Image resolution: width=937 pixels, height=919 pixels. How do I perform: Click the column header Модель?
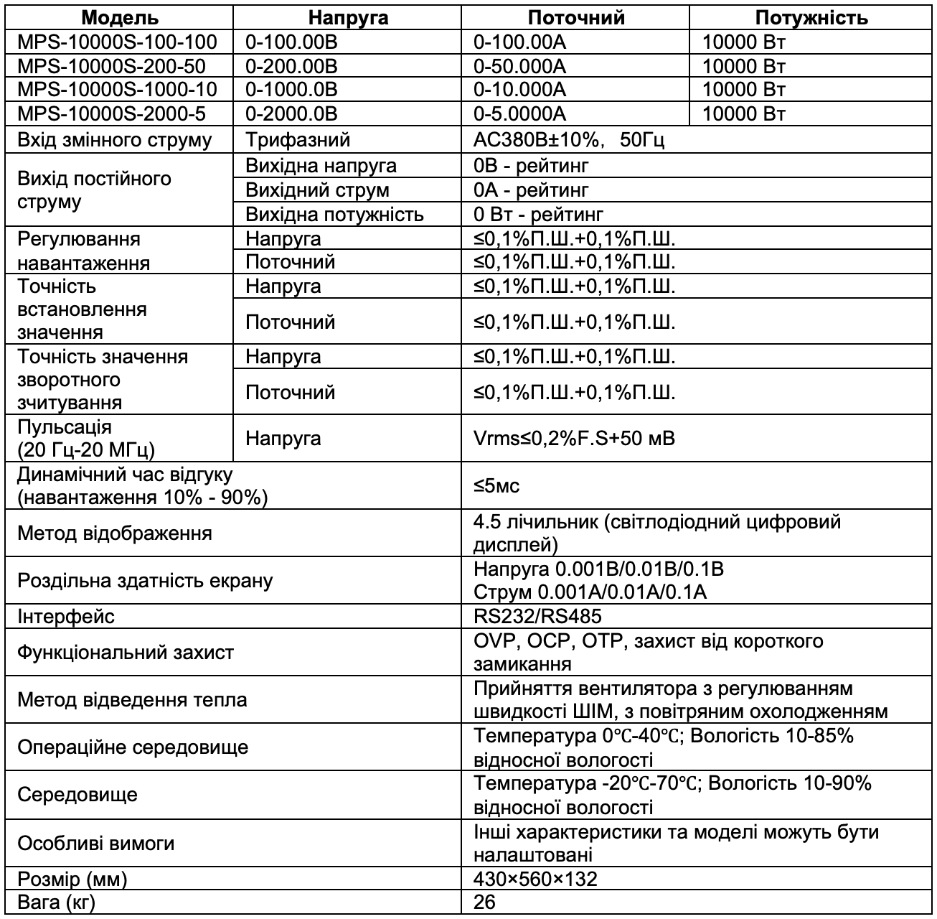point(120,18)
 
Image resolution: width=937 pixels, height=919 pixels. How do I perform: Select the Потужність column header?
point(811,18)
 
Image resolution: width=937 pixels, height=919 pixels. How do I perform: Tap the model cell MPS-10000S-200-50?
point(111,67)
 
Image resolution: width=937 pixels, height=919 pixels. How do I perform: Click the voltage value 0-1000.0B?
point(291,90)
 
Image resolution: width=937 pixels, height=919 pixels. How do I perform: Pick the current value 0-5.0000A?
point(520,114)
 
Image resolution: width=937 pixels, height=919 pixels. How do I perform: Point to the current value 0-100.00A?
point(520,42)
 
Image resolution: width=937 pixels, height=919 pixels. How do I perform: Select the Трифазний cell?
point(298,139)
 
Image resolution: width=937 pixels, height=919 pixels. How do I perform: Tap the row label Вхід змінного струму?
point(115,139)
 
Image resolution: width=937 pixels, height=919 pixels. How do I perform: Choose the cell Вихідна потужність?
point(334,215)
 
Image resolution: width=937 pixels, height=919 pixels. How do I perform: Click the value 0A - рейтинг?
point(531,190)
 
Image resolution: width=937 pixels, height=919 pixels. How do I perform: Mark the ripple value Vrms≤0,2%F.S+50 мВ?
point(574,438)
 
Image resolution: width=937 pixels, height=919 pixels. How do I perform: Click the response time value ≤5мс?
point(496,486)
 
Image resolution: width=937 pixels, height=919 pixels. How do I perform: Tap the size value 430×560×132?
point(535,879)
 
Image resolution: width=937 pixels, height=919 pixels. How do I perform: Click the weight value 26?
point(485,902)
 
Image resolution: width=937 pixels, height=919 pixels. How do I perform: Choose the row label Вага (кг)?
point(56,902)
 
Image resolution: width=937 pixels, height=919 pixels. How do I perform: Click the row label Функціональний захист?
point(126,653)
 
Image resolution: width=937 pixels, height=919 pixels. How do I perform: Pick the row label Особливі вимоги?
point(95,844)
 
